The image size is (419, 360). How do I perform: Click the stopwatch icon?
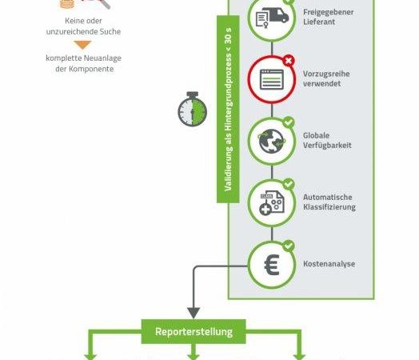tap(193, 109)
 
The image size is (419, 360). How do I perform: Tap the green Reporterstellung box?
tap(194, 331)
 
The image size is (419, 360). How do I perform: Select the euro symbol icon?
tap(272, 265)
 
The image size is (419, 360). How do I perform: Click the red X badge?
tap(289, 61)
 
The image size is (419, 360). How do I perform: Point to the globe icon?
tap(272, 141)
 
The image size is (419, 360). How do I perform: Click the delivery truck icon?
tap(273, 18)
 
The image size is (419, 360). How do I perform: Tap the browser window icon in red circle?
tap(272, 79)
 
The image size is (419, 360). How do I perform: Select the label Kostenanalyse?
tap(329, 264)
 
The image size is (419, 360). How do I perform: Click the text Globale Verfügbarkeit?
tap(327, 140)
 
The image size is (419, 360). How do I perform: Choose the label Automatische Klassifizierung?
tap(329, 202)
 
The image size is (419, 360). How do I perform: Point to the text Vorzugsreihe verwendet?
tap(326, 78)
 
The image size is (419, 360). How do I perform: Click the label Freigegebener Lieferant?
tap(329, 17)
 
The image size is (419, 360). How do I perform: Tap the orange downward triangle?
tap(83, 45)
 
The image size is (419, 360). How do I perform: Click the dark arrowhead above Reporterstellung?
tap(194, 313)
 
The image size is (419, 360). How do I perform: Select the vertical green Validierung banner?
tap(228, 109)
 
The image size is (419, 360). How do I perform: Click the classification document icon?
tap(272, 203)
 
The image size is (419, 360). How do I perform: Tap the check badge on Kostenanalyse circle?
tap(289, 246)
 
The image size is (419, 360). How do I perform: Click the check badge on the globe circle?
tap(289, 122)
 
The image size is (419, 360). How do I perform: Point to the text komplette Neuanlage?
tap(83, 58)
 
